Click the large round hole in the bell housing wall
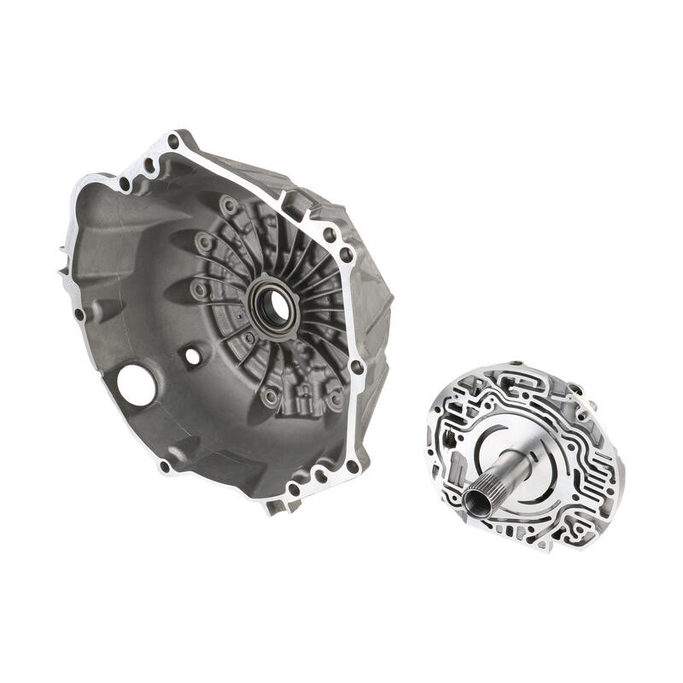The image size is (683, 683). (137, 384)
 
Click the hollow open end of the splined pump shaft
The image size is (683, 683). (478, 501)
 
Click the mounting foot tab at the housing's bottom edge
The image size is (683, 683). (275, 506)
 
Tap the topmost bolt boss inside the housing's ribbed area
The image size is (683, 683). (228, 206)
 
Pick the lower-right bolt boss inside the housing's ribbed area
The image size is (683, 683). (336, 398)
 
